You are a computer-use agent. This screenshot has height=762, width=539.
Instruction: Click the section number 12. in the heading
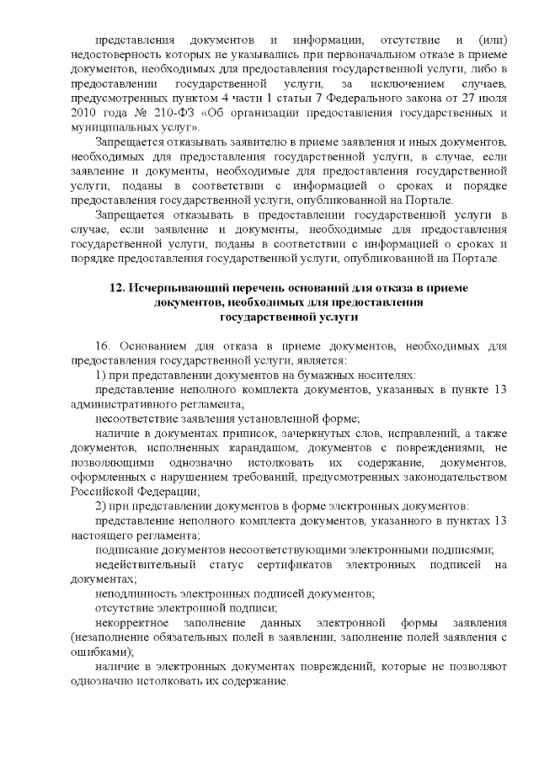tap(118, 288)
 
